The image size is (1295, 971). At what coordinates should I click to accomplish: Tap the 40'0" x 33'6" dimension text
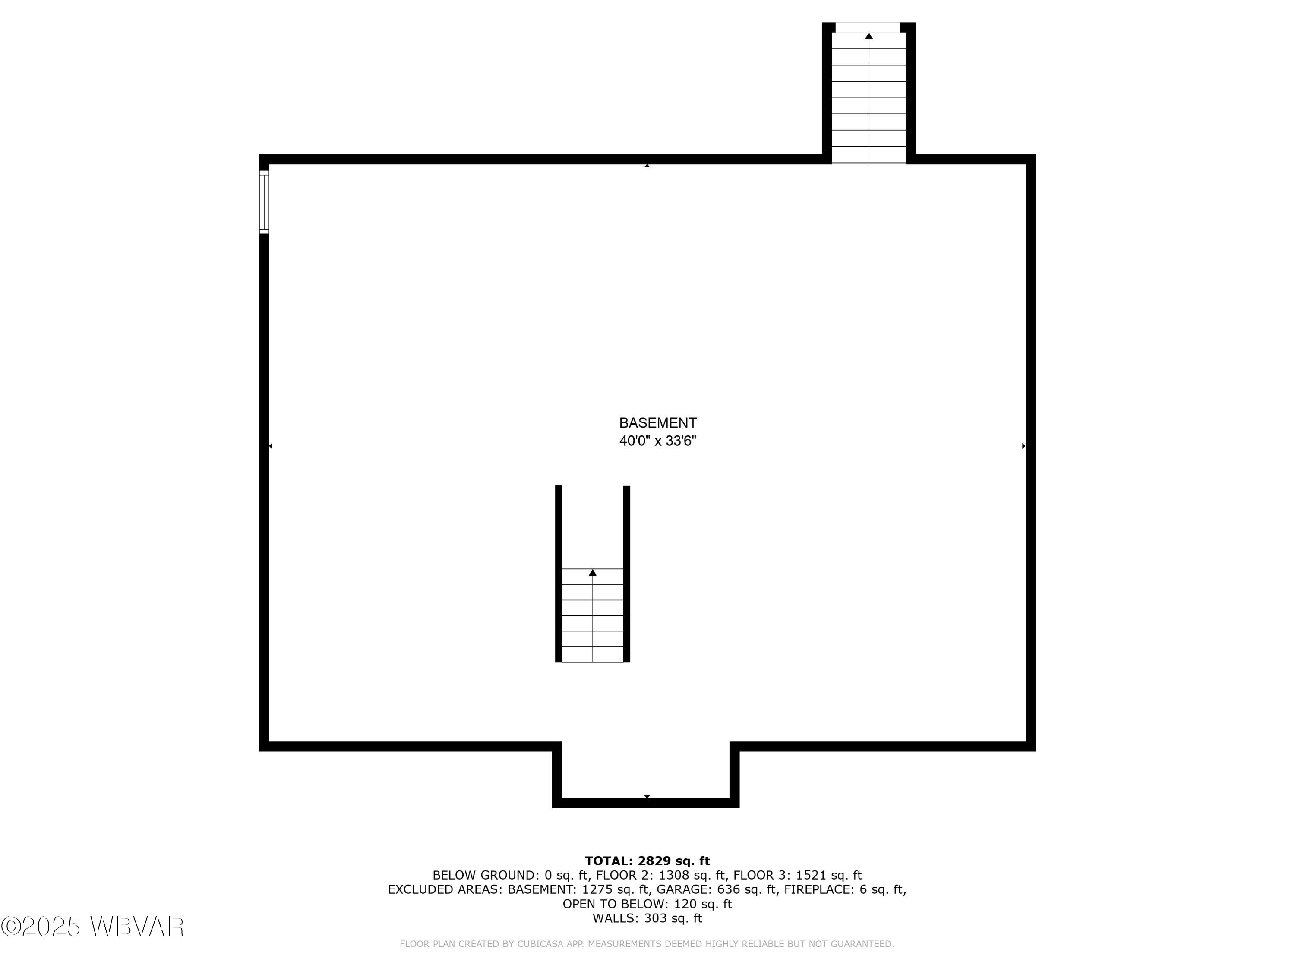click(657, 441)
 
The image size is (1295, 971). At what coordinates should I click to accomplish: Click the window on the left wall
click(264, 202)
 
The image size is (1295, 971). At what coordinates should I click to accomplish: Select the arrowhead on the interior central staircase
click(593, 572)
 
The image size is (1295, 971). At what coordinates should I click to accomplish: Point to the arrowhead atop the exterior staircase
click(869, 36)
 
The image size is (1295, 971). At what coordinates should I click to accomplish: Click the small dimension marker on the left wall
click(271, 446)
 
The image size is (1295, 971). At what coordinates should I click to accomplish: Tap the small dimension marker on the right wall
click(1023, 446)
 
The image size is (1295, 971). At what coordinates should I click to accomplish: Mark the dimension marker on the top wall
click(647, 166)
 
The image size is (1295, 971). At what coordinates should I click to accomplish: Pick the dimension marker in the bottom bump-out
click(647, 797)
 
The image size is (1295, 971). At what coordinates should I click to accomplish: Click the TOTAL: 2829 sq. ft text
click(647, 861)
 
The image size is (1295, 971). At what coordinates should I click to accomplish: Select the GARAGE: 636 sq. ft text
click(717, 889)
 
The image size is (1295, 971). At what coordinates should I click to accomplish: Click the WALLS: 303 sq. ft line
click(647, 918)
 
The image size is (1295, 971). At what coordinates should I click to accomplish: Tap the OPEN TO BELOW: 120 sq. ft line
click(647, 904)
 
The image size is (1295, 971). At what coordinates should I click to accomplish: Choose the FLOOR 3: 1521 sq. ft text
click(797, 875)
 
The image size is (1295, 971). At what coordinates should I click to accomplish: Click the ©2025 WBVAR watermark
click(92, 927)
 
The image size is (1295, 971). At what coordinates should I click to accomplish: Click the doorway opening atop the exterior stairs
click(867, 27)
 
